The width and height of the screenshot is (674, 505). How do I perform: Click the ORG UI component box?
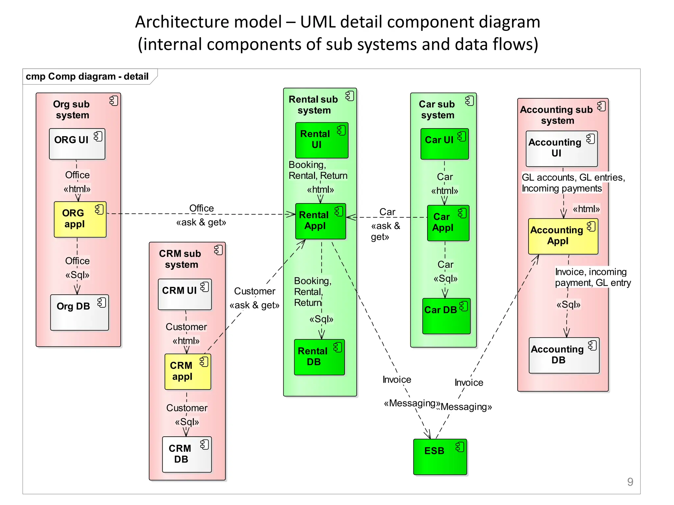point(77,144)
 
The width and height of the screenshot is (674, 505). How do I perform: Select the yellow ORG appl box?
point(80,219)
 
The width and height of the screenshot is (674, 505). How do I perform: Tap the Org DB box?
point(79,312)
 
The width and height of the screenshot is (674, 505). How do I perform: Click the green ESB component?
point(440,457)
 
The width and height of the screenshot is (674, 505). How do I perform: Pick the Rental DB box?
point(319,357)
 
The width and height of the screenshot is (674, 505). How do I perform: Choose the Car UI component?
point(444,144)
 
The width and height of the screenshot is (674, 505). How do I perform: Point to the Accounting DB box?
point(564,355)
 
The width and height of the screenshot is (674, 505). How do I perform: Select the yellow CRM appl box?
point(188,372)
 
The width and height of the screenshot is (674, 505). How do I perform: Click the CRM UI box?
point(185,294)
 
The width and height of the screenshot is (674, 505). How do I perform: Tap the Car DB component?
point(446,316)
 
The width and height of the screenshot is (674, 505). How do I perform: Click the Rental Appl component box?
point(320,221)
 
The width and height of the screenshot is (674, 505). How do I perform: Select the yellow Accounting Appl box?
point(563,236)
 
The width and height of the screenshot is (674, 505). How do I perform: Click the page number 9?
point(630,482)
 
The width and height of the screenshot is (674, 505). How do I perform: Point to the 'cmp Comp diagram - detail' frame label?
point(87,77)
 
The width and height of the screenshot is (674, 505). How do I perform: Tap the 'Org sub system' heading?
point(72,109)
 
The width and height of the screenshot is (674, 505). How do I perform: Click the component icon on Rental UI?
point(342,131)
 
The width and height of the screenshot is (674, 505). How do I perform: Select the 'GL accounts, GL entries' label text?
point(573,178)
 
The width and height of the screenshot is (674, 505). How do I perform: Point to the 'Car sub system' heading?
point(437,109)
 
